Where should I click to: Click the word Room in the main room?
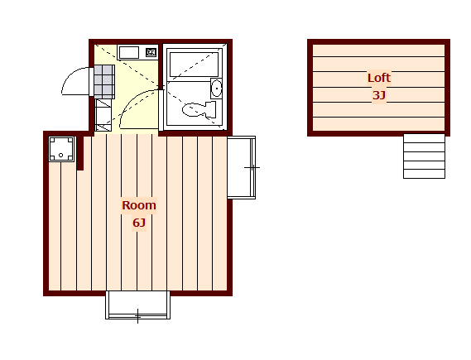(x=139, y=205)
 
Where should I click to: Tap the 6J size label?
(x=139, y=223)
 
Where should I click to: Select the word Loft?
(x=379, y=78)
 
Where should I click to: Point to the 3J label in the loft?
(x=379, y=95)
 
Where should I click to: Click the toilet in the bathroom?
(x=199, y=109)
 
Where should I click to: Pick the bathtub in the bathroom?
(x=194, y=65)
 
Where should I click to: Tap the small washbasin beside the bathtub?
(x=216, y=88)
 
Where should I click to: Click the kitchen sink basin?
(x=129, y=52)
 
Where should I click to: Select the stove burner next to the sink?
(x=151, y=52)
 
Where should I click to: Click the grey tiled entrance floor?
(x=104, y=82)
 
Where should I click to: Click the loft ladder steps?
(x=424, y=156)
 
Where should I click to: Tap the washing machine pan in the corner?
(x=61, y=149)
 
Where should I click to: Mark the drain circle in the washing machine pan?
(x=61, y=156)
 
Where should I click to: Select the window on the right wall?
(x=241, y=167)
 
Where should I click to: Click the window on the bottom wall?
(x=137, y=305)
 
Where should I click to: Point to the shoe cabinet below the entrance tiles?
(x=103, y=115)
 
